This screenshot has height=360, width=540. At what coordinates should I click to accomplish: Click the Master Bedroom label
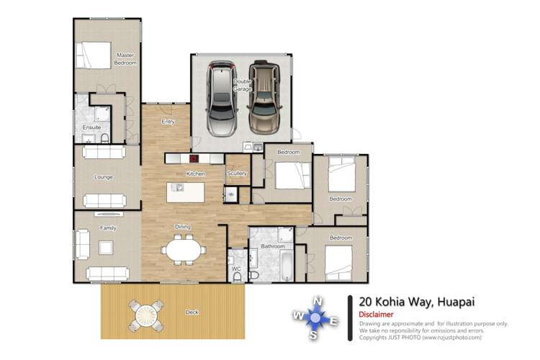[125, 59]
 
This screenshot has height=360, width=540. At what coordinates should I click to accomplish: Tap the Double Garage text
[242, 86]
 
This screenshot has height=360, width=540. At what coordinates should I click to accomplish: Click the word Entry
[168, 122]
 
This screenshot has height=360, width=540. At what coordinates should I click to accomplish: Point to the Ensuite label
[91, 127]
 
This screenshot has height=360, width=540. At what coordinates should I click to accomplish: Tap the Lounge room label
[104, 176]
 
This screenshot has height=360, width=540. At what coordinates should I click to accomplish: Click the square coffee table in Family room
[106, 248]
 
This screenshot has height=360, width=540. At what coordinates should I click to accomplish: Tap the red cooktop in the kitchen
[194, 158]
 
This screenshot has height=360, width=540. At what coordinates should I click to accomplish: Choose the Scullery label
[236, 174]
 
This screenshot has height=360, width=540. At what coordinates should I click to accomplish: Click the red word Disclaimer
[375, 315]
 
